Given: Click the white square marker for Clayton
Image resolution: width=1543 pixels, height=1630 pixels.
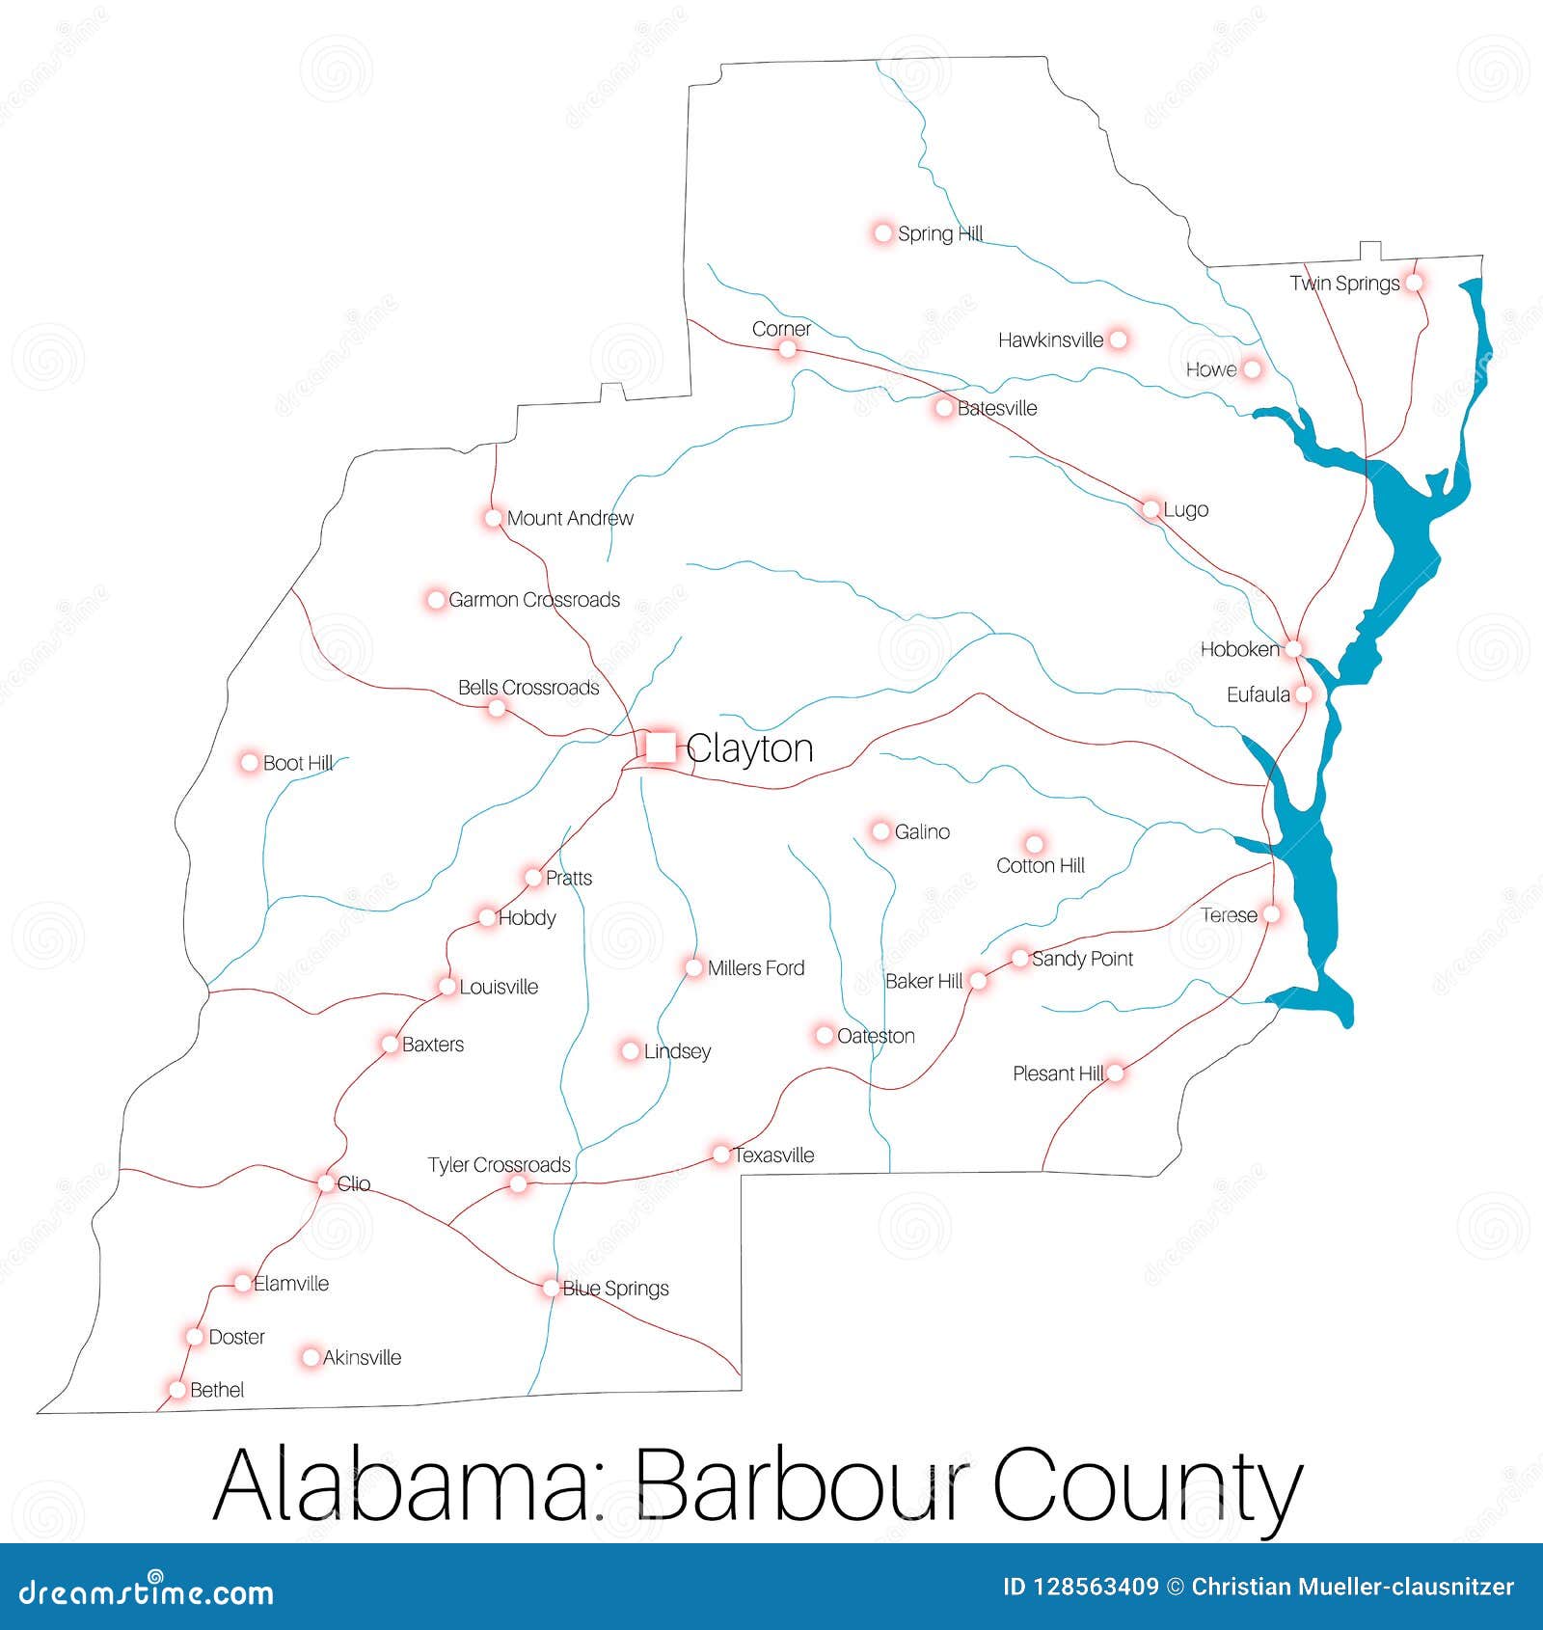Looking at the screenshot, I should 661,747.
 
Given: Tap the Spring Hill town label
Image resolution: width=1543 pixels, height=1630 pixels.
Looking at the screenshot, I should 939,233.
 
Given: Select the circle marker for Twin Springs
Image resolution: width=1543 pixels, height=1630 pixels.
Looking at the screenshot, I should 1414,283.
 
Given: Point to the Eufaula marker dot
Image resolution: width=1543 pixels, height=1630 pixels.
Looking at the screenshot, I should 1304,694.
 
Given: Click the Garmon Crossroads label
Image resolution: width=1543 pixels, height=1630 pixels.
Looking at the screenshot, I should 534,600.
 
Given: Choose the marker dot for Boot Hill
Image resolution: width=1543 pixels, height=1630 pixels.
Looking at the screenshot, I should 250,762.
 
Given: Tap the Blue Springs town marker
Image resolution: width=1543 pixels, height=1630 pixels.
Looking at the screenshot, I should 551,1288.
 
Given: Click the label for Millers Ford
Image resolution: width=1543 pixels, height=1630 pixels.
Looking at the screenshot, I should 755,967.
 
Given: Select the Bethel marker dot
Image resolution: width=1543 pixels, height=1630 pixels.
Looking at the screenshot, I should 177,1390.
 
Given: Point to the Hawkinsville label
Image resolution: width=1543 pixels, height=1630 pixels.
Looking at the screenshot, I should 1050,340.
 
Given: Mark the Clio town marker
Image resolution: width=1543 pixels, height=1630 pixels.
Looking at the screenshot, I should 326,1182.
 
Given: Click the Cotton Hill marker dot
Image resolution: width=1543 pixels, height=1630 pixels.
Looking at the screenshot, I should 1034,844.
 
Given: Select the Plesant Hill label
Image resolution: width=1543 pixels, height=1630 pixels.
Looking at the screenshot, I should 1057,1073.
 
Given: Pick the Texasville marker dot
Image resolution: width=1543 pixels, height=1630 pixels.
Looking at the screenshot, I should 721,1155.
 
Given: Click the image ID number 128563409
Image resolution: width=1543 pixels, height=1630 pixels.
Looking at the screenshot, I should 1081,1587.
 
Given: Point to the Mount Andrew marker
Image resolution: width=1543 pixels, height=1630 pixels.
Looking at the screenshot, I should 494,518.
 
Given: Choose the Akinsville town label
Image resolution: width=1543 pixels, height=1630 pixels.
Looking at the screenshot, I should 362,1358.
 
